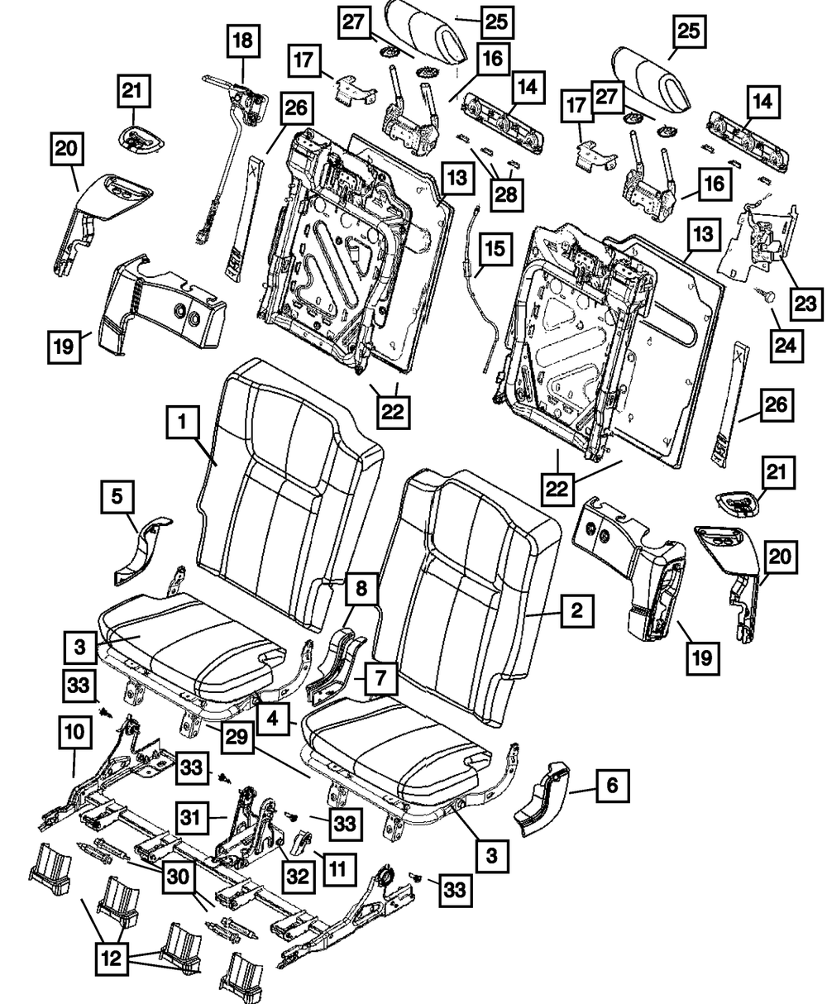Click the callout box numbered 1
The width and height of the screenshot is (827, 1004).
pos(184,426)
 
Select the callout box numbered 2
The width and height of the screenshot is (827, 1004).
pos(576,611)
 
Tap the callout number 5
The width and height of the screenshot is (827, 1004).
pos(117,498)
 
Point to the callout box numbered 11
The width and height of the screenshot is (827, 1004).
pos(339,867)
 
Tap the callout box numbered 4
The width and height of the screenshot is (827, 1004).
pos(273,716)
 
